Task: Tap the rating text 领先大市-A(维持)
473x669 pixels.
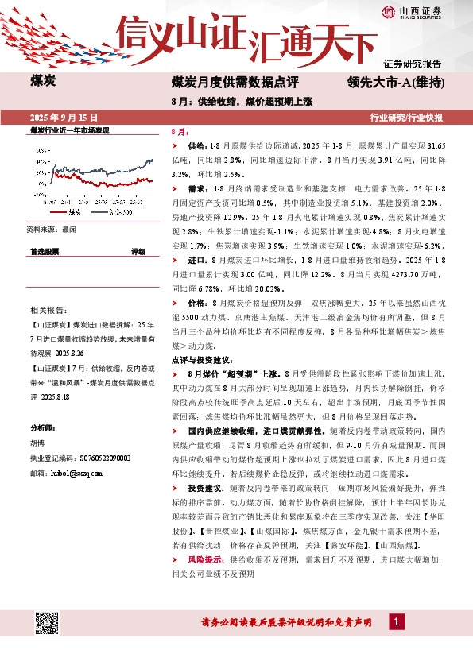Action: tap(395, 82)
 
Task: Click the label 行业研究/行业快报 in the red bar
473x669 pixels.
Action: tap(407, 118)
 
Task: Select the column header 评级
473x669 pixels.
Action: tap(138, 251)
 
